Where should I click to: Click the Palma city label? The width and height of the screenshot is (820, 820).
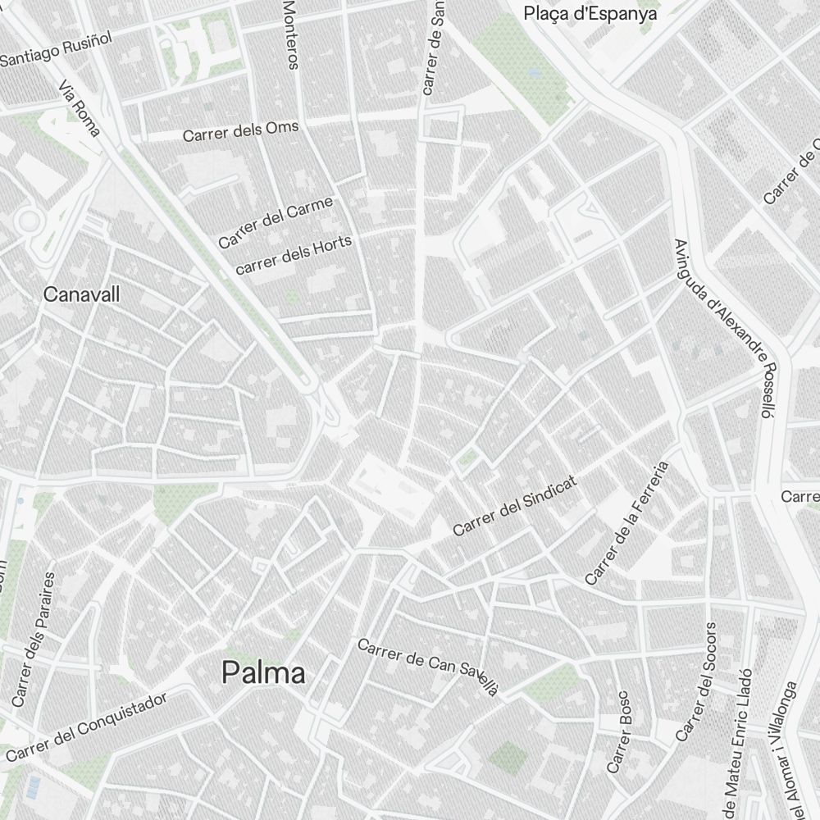pos(264,673)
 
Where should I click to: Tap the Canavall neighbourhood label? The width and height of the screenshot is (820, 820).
pos(81,294)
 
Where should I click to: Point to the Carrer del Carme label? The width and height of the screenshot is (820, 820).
pos(276,221)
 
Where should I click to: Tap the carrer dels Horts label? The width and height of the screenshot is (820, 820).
pos(294,254)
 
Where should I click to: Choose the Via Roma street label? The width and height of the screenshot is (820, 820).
pos(80,107)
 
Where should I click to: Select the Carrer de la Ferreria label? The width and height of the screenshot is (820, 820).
pos(627,523)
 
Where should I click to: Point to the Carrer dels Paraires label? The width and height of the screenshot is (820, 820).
pos(34,640)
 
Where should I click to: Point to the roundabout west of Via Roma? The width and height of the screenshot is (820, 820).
pos(30,221)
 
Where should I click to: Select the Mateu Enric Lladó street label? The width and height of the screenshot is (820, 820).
pos(739,746)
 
